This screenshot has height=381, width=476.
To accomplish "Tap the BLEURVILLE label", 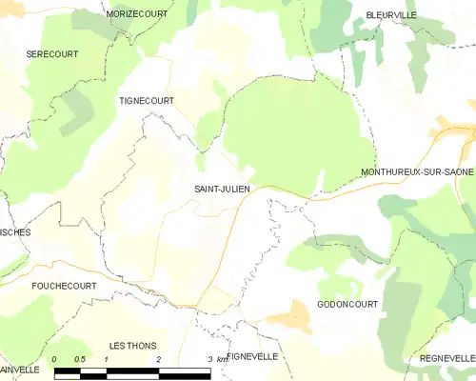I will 391,16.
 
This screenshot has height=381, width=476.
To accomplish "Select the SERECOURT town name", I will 52,54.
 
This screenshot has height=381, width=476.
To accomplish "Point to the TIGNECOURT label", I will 146,100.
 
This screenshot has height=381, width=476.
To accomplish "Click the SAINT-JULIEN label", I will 223,189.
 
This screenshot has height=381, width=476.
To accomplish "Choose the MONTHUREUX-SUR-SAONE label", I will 417,171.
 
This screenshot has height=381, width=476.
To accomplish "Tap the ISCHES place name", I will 15,232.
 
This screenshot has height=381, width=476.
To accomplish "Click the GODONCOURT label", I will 347,305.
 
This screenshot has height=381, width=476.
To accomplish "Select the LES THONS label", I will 132,345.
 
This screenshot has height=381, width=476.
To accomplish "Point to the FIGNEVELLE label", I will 252,356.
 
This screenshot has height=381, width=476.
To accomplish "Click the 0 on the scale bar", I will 55,359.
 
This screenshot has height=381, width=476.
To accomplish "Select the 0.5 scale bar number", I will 80,359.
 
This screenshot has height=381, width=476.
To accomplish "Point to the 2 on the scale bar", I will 158,359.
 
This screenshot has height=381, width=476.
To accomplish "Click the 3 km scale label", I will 216,359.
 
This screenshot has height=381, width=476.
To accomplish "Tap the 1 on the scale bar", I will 107,359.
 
